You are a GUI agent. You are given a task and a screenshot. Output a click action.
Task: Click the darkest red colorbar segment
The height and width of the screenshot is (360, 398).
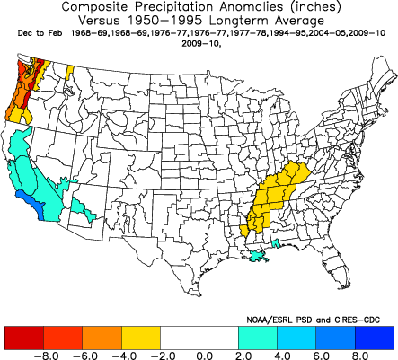click(24, 338)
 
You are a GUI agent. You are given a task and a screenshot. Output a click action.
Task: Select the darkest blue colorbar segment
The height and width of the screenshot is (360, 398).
click(376, 338)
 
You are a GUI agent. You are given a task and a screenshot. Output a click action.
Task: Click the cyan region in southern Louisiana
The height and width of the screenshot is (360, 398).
click(259, 258)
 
